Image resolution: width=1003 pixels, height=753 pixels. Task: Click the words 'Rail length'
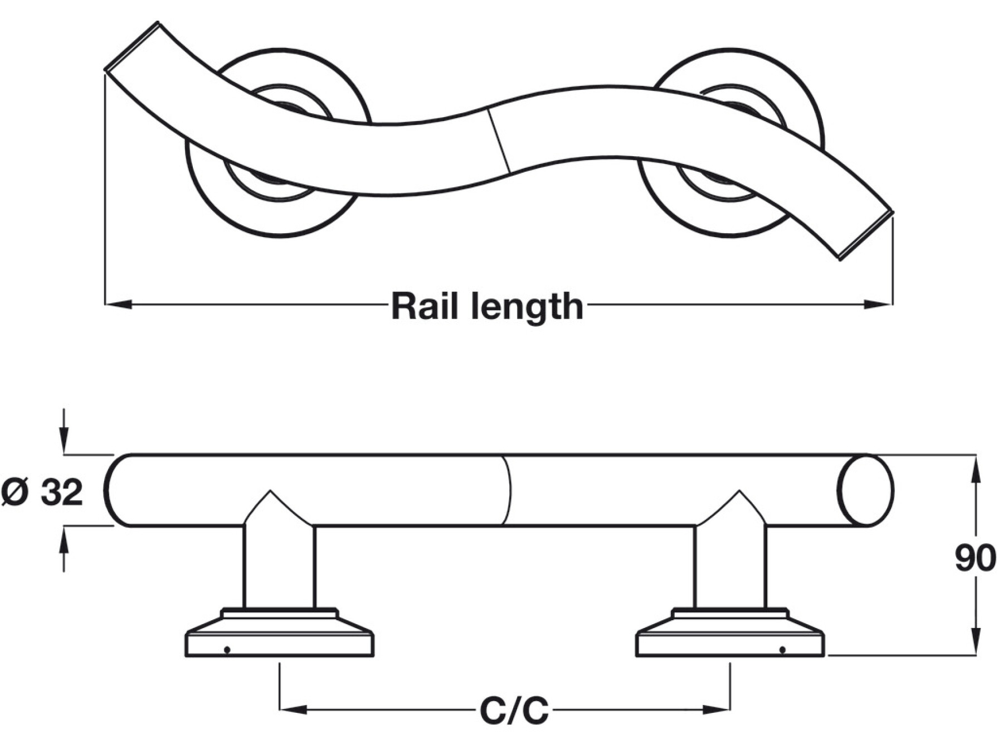click(x=487, y=306)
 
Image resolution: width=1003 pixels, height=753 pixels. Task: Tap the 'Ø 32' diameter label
click(x=42, y=492)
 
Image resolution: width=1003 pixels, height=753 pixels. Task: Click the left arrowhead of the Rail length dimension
click(x=118, y=305)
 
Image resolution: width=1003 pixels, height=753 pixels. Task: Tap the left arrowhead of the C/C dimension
click(x=293, y=709)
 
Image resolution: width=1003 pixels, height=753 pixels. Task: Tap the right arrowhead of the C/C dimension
click(x=717, y=709)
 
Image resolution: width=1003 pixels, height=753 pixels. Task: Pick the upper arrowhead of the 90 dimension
click(x=976, y=469)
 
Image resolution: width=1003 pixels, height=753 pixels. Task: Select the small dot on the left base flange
click(x=227, y=650)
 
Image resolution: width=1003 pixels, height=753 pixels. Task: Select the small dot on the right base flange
click(x=782, y=650)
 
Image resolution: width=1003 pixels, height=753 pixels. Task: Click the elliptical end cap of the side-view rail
click(x=865, y=491)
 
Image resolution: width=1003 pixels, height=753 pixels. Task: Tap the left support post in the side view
click(x=279, y=566)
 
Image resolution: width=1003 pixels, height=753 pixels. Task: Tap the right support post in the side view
click(x=730, y=566)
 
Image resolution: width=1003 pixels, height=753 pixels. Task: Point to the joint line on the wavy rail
click(x=499, y=140)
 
